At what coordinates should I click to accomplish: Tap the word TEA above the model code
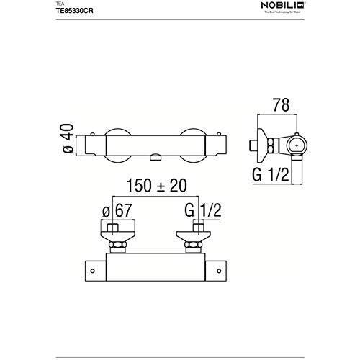[60, 4]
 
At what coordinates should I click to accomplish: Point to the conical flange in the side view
[266, 145]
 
